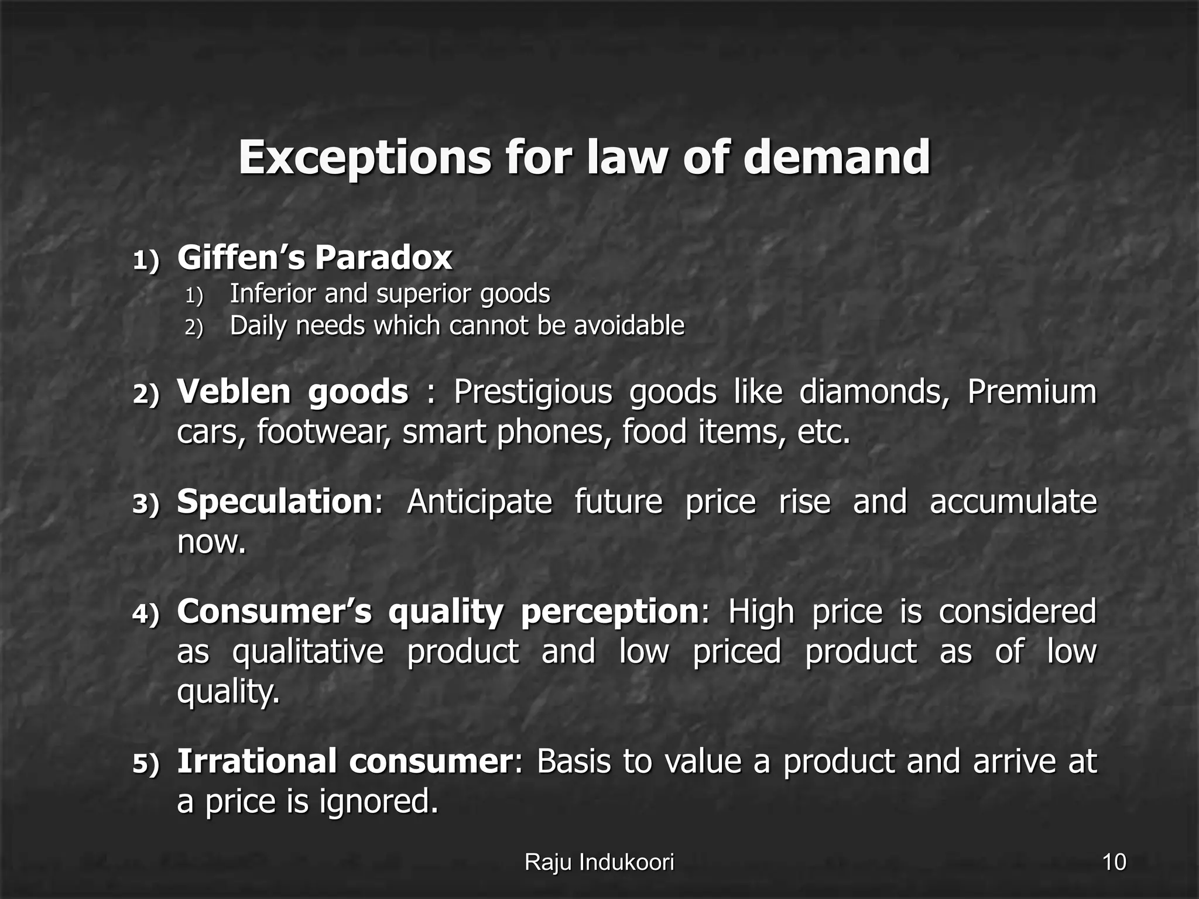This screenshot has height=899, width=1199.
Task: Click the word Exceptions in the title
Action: (364, 158)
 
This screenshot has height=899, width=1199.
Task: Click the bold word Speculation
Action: (275, 502)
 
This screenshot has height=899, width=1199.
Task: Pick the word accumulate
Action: (1013, 502)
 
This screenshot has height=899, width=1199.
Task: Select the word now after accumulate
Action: (211, 542)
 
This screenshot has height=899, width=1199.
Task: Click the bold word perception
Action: (609, 612)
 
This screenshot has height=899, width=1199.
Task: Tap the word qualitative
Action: (308, 652)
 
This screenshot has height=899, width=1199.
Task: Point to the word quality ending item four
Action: (228, 693)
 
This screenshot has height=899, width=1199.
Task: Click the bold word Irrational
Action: (256, 761)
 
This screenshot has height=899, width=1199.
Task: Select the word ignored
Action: (378, 802)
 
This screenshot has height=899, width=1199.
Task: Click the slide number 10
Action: (1114, 862)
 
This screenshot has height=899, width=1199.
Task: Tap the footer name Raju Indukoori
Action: (599, 862)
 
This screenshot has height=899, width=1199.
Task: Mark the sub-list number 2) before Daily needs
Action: (194, 327)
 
